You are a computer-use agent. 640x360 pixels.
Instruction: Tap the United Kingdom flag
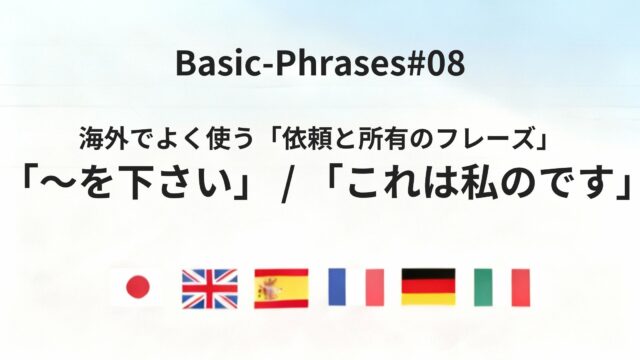(x=209, y=288)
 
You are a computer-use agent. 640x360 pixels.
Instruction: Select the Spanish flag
(x=281, y=288)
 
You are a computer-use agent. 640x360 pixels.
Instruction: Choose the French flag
(x=355, y=288)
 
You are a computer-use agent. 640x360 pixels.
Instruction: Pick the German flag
(x=428, y=287)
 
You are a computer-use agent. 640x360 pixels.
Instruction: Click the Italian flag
(x=501, y=288)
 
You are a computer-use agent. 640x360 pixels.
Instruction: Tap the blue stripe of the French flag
(x=337, y=288)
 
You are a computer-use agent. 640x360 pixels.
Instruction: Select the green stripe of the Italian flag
(x=483, y=288)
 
